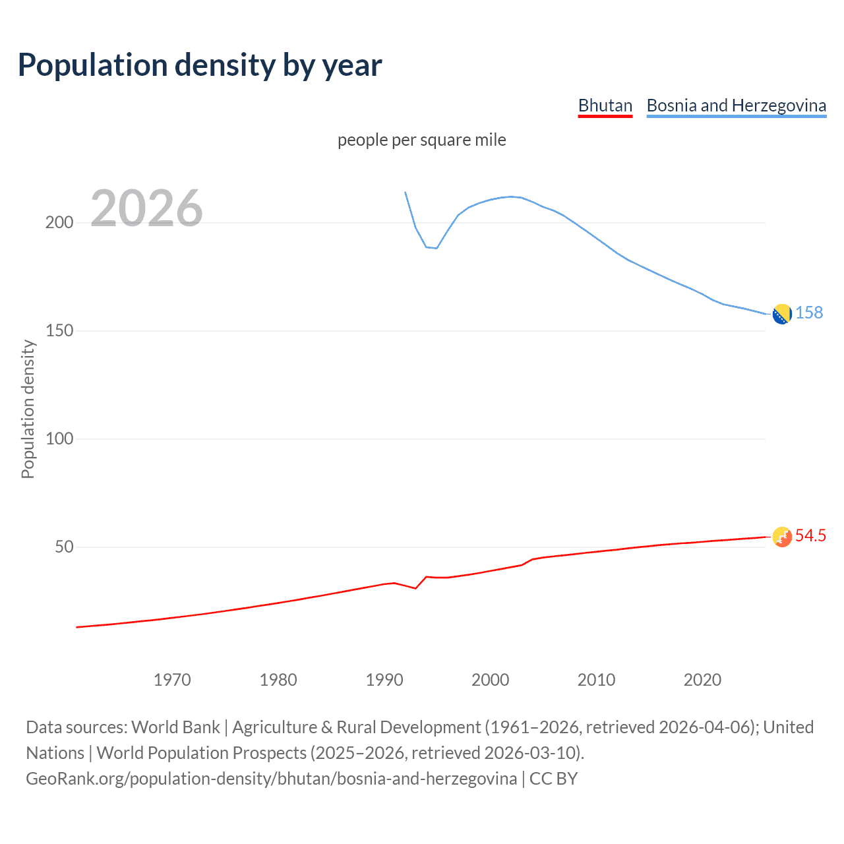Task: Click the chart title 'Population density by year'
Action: (x=200, y=65)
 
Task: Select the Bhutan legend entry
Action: (x=605, y=105)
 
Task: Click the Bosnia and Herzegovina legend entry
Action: (x=736, y=105)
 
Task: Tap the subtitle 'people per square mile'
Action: (x=421, y=140)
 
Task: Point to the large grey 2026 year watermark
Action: (x=146, y=208)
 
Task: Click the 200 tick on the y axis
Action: (x=59, y=222)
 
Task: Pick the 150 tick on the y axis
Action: (x=59, y=330)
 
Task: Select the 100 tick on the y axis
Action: (x=59, y=438)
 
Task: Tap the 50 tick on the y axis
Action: (x=64, y=547)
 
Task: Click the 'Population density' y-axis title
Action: (x=28, y=409)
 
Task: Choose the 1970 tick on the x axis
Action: (x=172, y=680)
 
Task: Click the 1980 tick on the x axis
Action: (x=278, y=680)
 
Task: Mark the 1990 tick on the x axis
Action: (x=384, y=680)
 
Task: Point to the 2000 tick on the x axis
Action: (x=490, y=680)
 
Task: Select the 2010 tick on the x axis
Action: (x=596, y=680)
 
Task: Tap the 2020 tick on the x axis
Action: (x=702, y=680)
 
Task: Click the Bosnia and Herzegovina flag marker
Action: (x=782, y=315)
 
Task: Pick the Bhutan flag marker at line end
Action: (x=782, y=537)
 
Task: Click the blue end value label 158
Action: (x=809, y=313)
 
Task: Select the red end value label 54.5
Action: (x=810, y=535)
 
